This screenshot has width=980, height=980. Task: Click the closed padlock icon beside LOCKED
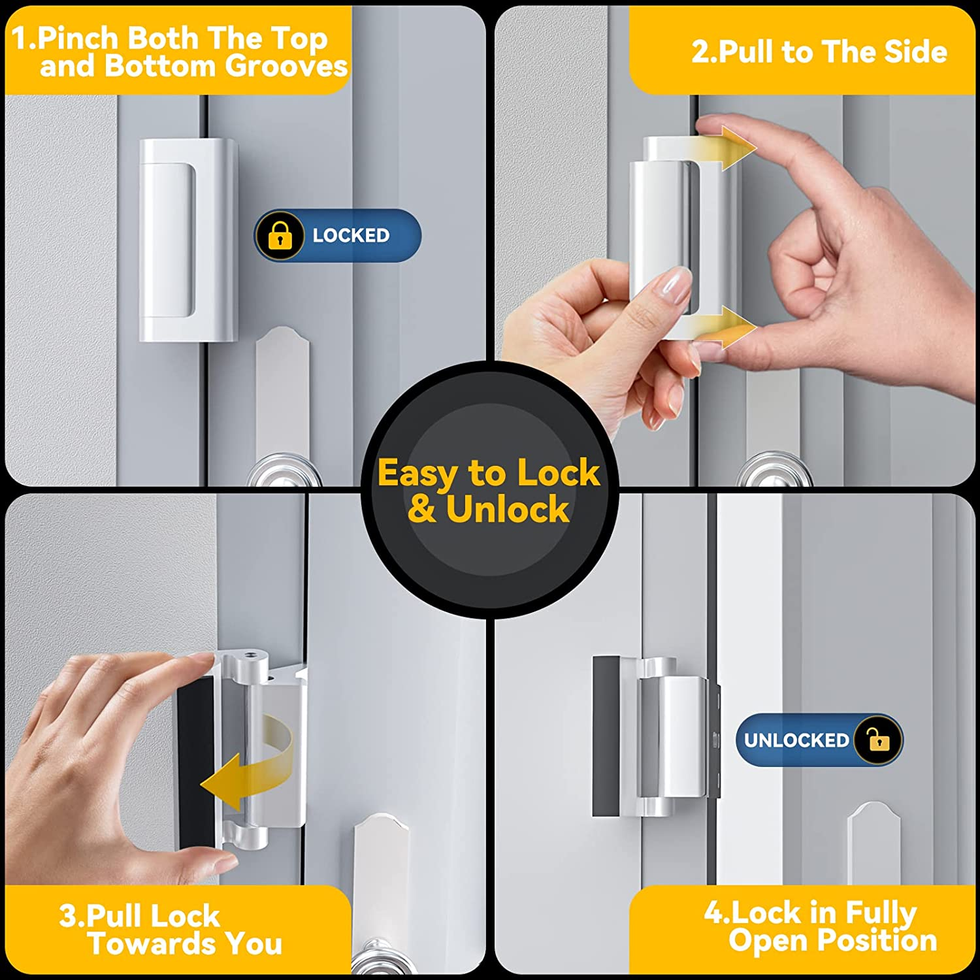280,236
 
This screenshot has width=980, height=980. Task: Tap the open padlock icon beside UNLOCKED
878,740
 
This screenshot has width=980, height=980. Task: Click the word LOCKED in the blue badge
351,235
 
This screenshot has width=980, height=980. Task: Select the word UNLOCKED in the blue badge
796,740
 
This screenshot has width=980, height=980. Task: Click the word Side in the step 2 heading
915,52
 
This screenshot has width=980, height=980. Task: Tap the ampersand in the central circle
421,510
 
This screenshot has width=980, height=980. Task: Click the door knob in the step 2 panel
775,470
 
